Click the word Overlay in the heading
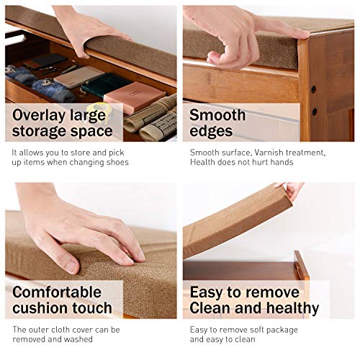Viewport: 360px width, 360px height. (x=39, y=116)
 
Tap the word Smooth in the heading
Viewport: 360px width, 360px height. (x=217, y=115)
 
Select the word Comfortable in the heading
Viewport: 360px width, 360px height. (x=57, y=292)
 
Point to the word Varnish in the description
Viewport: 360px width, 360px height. (x=269, y=153)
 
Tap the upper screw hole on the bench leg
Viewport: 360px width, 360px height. (x=313, y=90)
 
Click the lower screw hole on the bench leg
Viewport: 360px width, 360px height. (x=315, y=112)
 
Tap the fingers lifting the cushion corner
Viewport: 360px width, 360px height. (x=289, y=189)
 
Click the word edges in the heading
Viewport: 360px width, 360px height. (x=211, y=132)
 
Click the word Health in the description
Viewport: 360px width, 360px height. (x=202, y=162)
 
